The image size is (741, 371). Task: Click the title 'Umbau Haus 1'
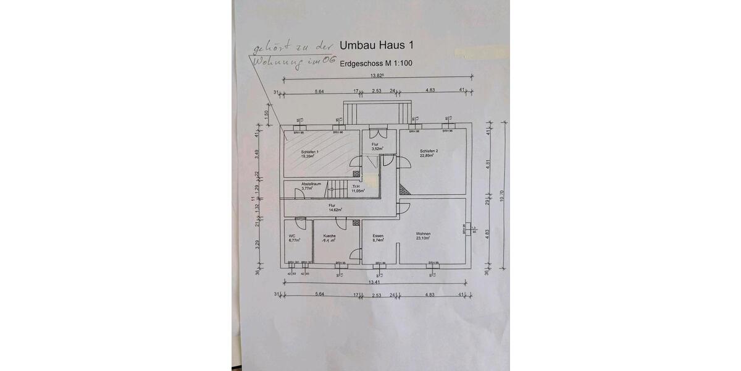(x=377, y=46)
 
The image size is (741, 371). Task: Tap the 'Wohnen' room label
(x=423, y=233)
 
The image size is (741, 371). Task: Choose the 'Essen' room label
(x=378, y=236)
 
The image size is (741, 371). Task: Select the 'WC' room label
(x=292, y=236)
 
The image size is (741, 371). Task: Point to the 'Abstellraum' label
(x=311, y=184)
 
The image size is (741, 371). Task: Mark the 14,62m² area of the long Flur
(x=335, y=210)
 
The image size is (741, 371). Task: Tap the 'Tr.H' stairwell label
(x=356, y=186)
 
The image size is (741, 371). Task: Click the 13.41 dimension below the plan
(x=374, y=282)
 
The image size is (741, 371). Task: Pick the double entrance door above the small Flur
(x=377, y=134)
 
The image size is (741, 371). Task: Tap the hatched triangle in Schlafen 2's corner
(x=403, y=190)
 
